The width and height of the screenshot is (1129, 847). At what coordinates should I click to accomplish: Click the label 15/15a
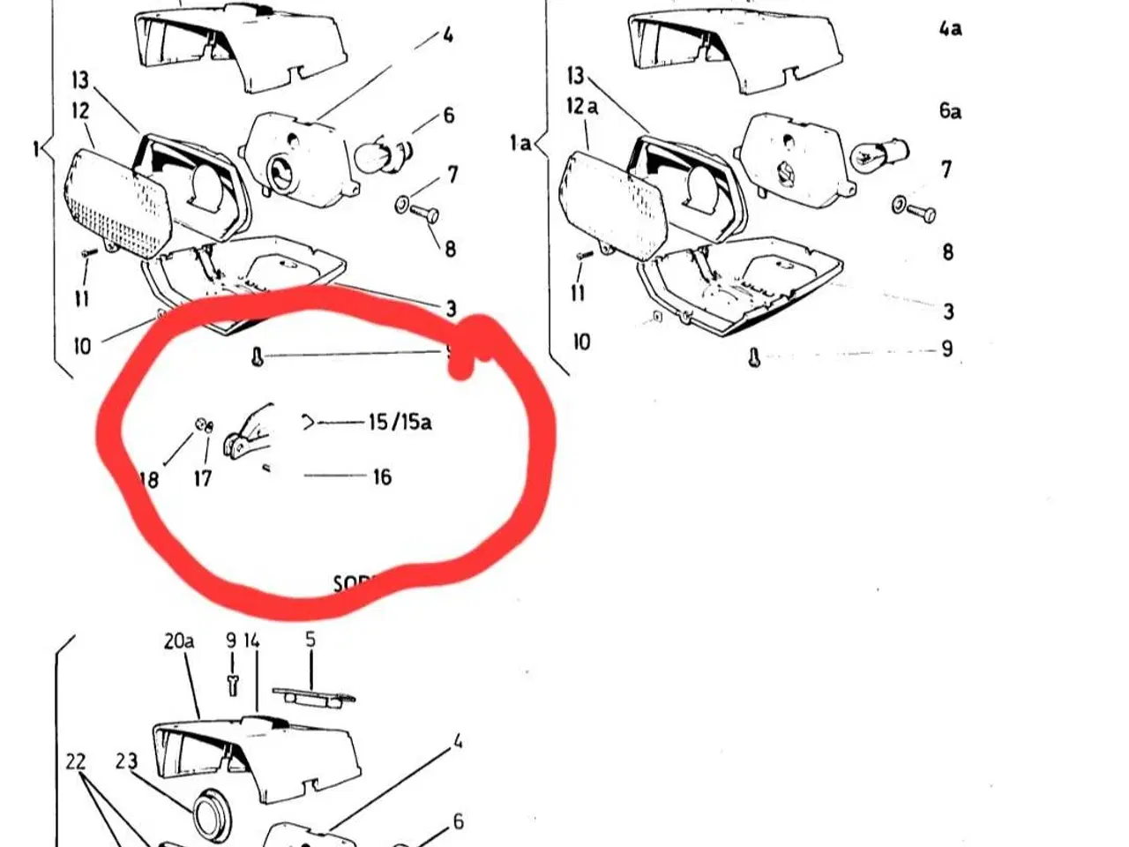pos(400,422)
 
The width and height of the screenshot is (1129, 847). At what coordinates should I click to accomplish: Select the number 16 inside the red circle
pos(381,477)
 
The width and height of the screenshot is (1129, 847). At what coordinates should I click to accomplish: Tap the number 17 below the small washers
pos(203,478)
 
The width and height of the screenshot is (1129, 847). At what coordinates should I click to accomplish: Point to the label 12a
pos(581,107)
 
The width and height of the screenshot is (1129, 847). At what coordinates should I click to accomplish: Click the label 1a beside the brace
pos(520,142)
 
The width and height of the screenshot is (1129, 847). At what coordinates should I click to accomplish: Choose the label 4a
pos(950,28)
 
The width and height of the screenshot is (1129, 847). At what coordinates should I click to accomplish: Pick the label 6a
pos(950,110)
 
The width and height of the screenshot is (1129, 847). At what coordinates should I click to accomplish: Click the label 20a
pos(179,641)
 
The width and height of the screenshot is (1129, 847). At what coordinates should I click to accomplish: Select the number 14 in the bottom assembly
pos(252,641)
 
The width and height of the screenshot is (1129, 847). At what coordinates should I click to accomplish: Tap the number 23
pos(127,761)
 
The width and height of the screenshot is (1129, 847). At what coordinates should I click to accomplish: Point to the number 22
pos(76,761)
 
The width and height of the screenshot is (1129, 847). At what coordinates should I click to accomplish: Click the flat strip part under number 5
pos(314,696)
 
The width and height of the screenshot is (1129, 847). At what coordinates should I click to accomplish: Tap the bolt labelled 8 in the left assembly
pos(424,214)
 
